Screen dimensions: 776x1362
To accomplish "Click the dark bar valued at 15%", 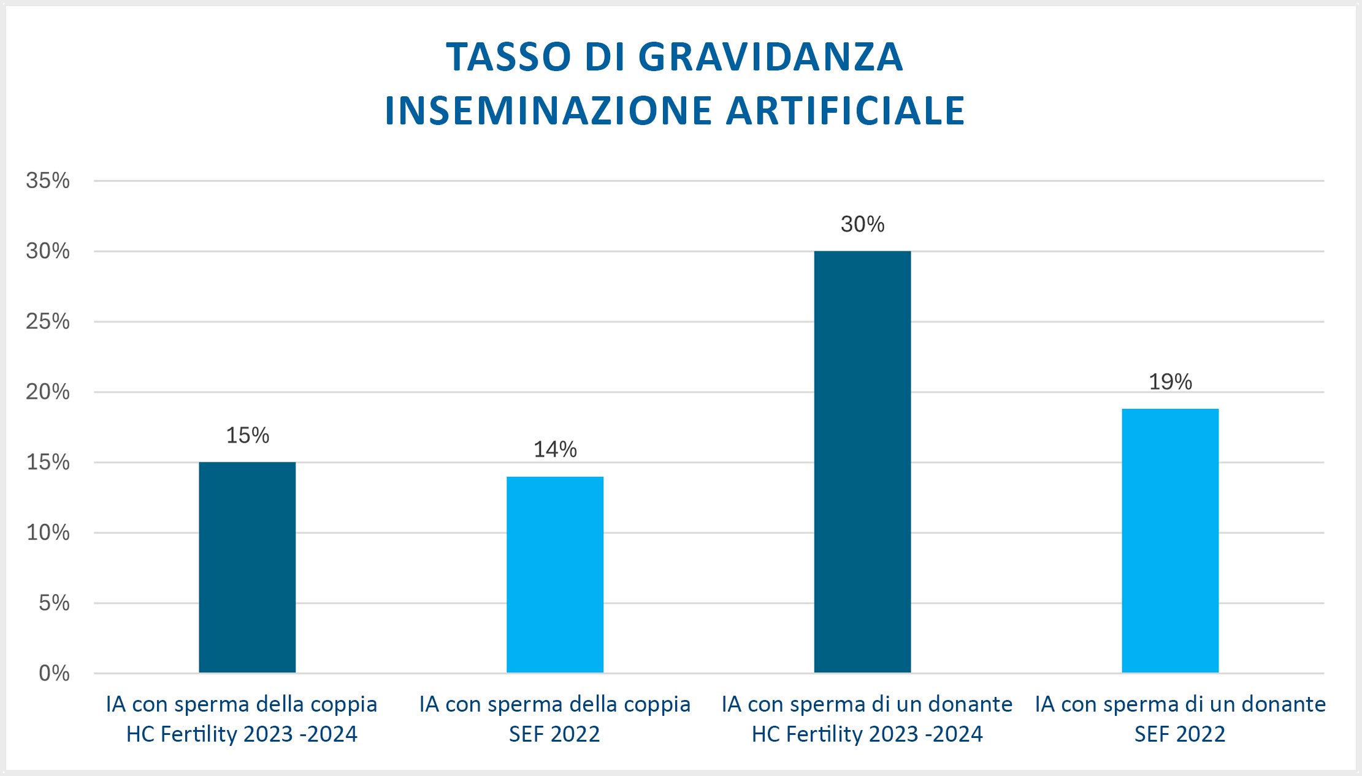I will click(x=247, y=567).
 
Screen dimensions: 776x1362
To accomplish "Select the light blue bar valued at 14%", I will click(x=555, y=574).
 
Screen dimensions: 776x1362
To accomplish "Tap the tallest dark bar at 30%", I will click(x=862, y=462).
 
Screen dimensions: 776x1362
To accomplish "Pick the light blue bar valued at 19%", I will click(x=1170, y=540).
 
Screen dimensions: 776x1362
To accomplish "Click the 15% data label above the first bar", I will click(x=248, y=435).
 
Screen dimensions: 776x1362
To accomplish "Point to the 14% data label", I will click(x=555, y=449).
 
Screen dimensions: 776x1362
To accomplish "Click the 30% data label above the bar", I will click(x=862, y=224).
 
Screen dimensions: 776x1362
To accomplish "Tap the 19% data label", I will click(x=1170, y=382).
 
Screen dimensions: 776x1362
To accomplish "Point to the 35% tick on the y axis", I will click(x=48, y=180).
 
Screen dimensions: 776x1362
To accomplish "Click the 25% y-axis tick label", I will click(x=48, y=321).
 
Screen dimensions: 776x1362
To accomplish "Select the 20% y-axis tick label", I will click(x=48, y=392).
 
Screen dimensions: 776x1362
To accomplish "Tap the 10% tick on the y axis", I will click(x=48, y=532).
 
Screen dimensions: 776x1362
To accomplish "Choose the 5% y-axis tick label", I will click(x=54, y=603).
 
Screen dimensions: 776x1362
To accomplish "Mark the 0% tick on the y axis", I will click(x=54, y=673).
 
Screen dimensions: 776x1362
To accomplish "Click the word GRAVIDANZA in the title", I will click(x=770, y=57).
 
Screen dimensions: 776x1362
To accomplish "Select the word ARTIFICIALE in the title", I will click(x=845, y=111).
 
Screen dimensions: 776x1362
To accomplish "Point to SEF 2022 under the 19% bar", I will click(x=1179, y=734).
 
